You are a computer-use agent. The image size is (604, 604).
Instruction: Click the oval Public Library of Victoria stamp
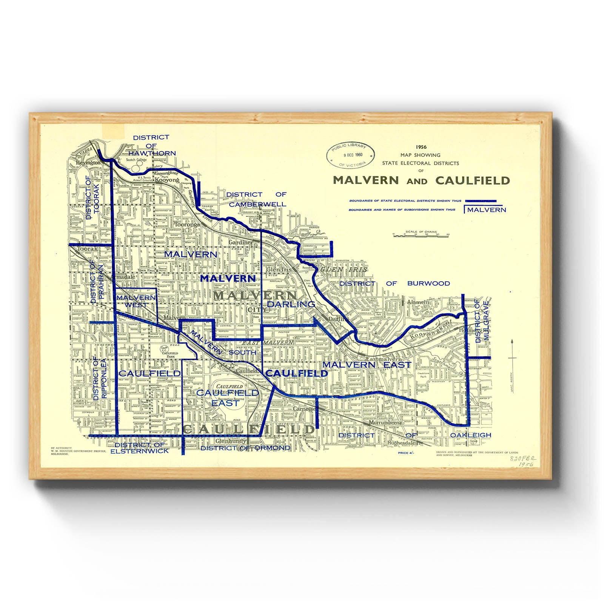[x=351, y=155]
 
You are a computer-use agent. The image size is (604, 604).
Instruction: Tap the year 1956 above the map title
[x=421, y=147]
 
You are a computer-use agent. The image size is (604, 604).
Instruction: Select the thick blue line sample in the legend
[x=480, y=201]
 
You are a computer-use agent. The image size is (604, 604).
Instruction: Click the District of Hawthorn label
[x=151, y=145]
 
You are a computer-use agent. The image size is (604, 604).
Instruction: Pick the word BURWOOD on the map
[x=428, y=283]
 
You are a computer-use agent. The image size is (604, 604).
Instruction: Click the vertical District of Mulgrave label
[x=482, y=321]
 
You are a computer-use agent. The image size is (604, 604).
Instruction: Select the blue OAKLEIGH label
[x=470, y=435]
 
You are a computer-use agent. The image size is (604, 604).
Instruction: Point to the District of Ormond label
[x=246, y=448]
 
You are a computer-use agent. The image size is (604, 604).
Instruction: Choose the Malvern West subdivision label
[x=136, y=301]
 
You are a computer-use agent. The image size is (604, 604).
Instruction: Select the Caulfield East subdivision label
[x=227, y=398]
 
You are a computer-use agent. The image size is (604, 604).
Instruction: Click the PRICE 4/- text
[x=406, y=452]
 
